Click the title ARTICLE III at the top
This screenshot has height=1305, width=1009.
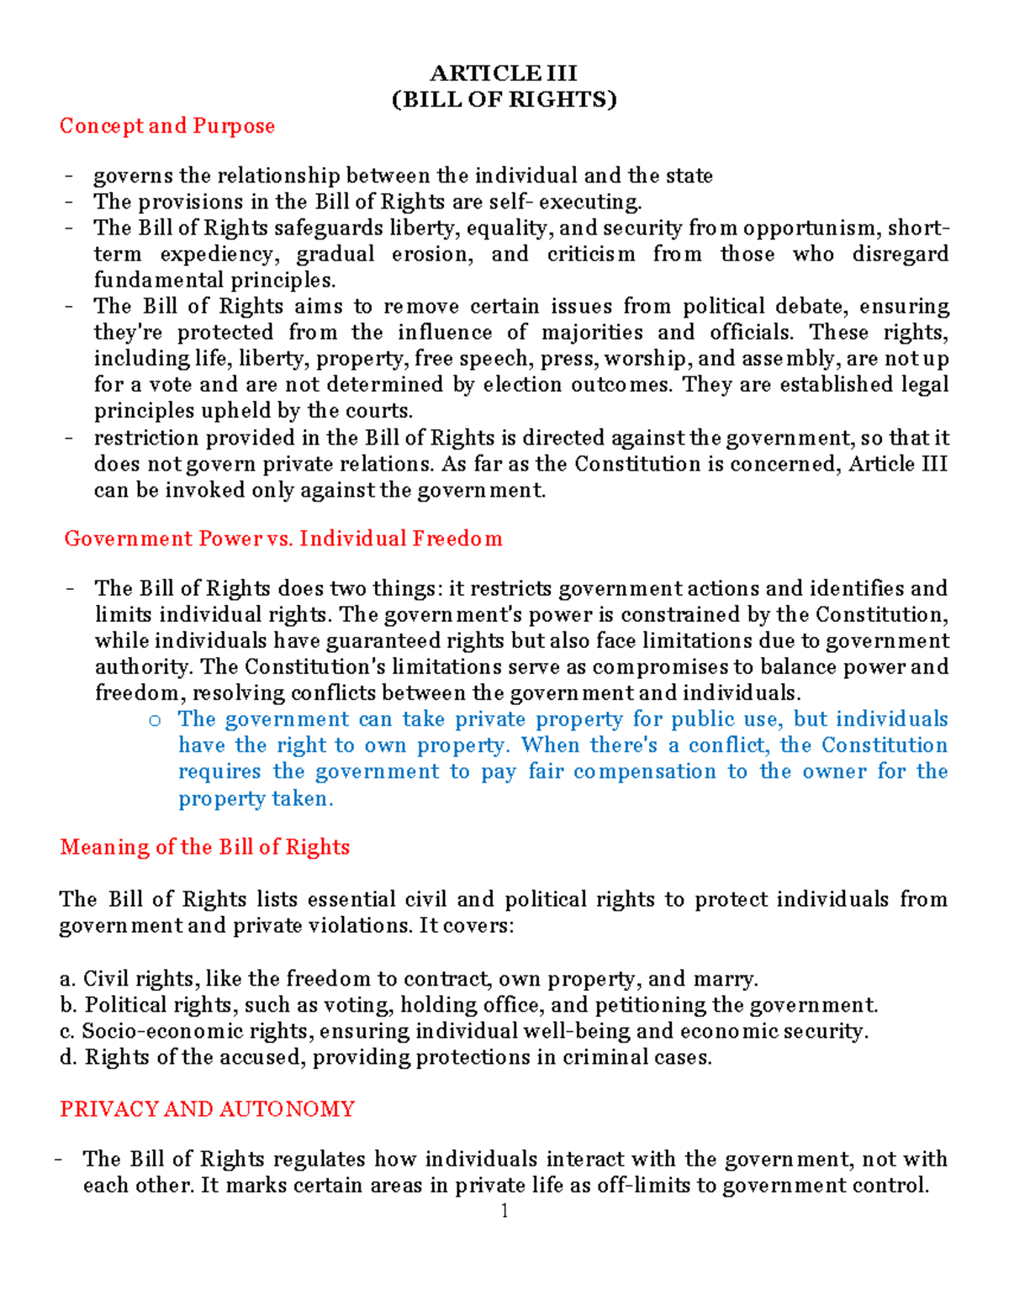(504, 73)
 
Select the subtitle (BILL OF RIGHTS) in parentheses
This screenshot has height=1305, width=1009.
(504, 99)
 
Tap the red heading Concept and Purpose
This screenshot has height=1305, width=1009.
(167, 126)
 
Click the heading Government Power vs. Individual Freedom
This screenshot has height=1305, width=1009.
(283, 539)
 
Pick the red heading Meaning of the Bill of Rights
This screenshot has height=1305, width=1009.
(204, 847)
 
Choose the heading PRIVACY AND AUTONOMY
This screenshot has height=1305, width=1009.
(207, 1109)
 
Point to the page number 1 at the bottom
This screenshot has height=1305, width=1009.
(504, 1211)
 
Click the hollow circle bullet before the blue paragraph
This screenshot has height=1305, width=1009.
(154, 720)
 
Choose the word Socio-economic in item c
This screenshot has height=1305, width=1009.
(161, 1031)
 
